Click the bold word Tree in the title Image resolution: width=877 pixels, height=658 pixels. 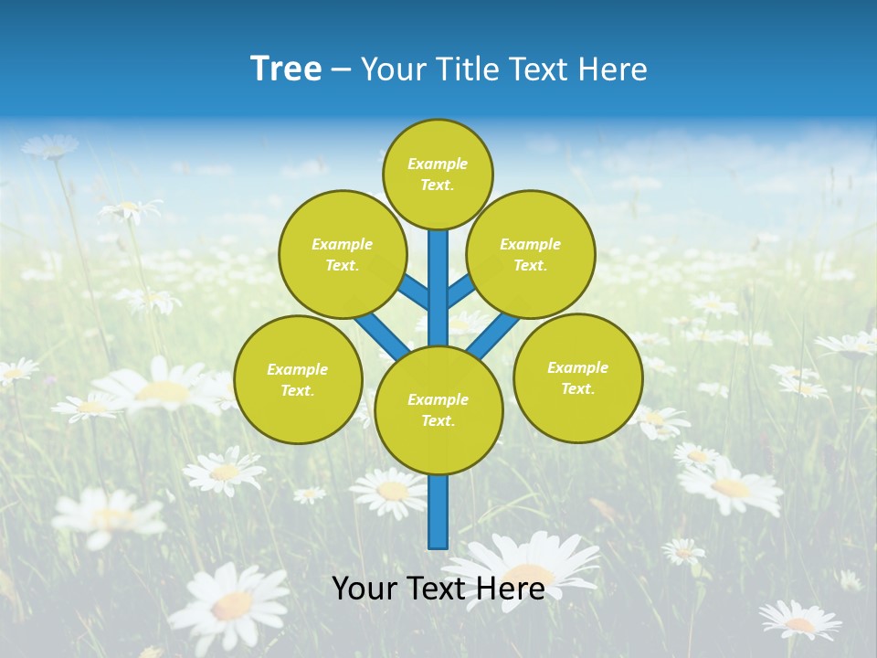point(286,69)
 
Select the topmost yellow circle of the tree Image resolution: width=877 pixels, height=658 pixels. point(438,174)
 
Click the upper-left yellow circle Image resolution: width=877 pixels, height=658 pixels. point(343,254)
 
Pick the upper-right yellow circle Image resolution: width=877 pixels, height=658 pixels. point(531,254)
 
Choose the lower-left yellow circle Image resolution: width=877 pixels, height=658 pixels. point(298,379)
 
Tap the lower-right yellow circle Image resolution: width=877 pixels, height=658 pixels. point(578,377)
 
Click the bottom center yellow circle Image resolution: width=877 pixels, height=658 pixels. point(438,409)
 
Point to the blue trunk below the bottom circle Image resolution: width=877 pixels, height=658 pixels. point(438,512)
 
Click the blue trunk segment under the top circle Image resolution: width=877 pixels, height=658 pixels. point(438,274)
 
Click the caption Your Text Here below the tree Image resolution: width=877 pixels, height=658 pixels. point(438,589)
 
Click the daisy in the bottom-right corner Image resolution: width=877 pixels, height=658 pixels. point(799,621)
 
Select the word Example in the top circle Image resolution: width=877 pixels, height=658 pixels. point(438,164)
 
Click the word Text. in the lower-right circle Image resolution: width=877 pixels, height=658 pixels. point(577,388)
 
